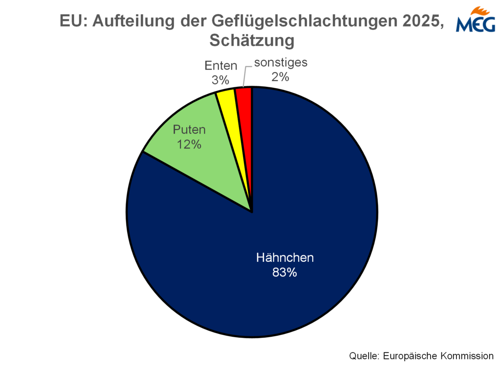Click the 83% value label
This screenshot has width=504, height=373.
coord(285,273)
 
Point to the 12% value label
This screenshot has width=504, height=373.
coord(189,144)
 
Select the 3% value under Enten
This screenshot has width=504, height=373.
coord(220,80)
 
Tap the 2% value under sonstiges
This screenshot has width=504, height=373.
coord(280,76)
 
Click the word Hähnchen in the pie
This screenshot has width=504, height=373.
coord(285,257)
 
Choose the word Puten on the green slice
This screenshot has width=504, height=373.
coord(189,130)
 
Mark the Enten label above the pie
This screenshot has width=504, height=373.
coord(221,66)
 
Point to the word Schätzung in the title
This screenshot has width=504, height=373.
coord(252,41)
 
